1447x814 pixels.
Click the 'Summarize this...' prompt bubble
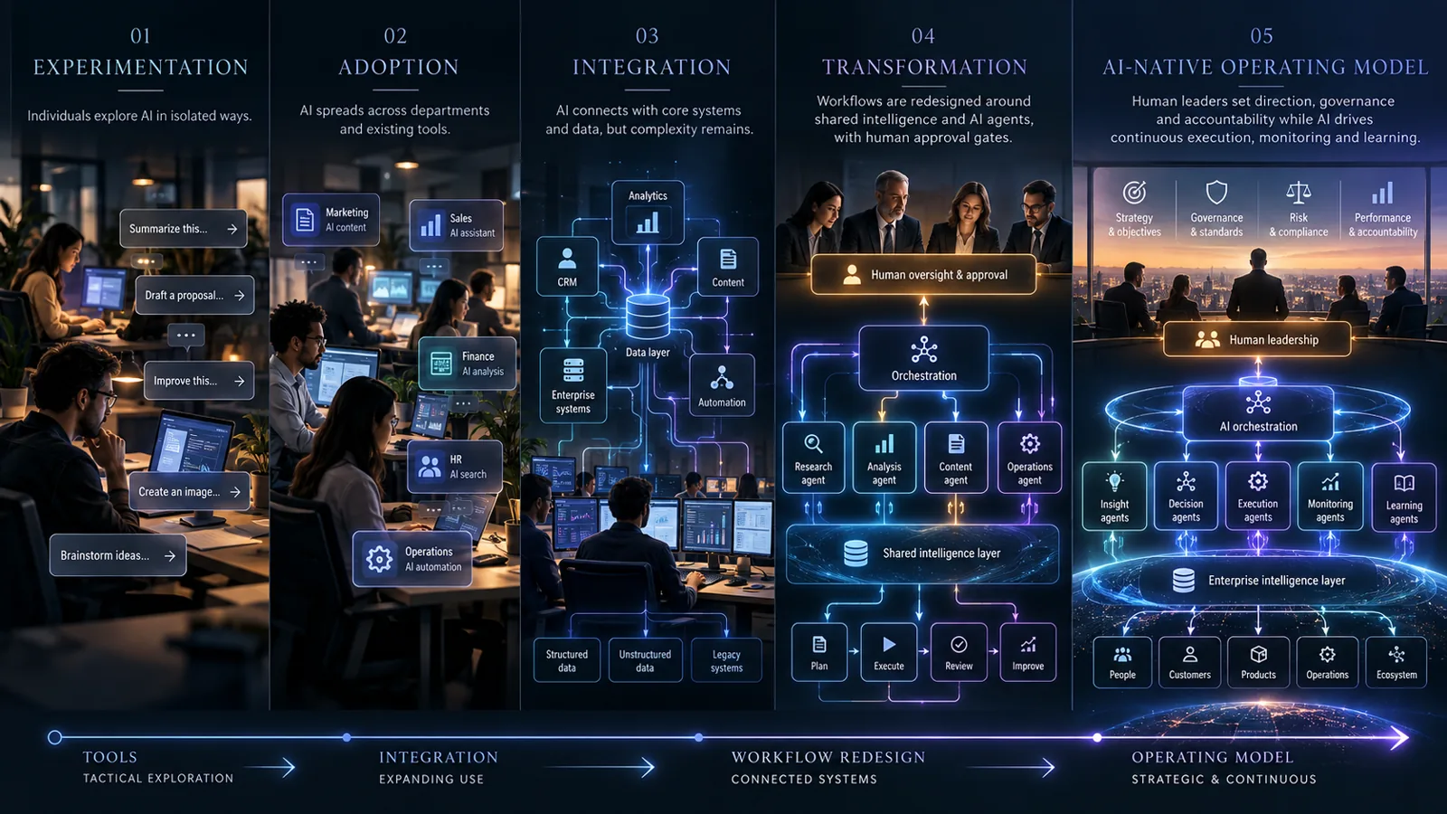183,229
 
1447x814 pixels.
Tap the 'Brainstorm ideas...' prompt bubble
118,555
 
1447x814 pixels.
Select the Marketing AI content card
331,220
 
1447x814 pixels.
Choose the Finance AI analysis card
468,363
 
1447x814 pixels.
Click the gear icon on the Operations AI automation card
379,559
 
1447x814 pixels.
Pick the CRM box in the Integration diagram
567,267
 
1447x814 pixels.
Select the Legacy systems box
726,660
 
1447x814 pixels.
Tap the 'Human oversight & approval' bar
923,275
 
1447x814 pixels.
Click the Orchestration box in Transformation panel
923,358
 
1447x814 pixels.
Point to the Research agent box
813,458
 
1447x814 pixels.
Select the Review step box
959,652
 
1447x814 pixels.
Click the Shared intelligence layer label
941,553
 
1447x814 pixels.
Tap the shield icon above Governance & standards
1216,193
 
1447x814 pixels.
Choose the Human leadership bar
1257,340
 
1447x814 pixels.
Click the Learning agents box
1404,497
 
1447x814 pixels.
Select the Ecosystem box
1396,663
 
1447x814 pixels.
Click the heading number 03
648,36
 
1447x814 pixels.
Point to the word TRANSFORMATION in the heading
924,67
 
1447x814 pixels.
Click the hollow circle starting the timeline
55,737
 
